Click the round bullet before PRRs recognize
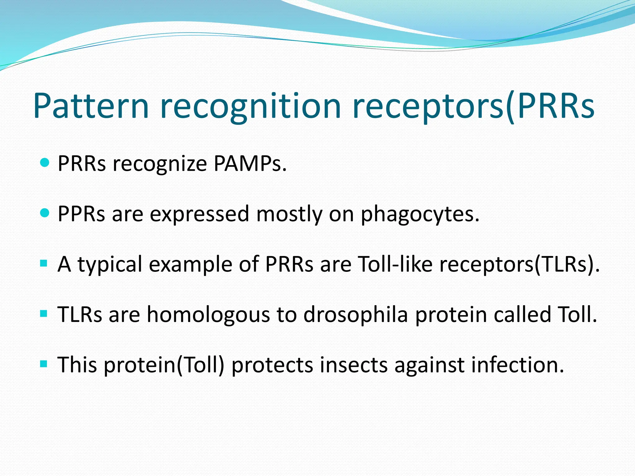tap(45, 162)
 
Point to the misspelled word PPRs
tap(81, 214)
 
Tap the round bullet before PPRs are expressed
tap(45, 213)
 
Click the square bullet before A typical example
tap(44, 264)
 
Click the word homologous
tap(208, 315)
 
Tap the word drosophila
tap(355, 315)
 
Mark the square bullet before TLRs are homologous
tap(44, 314)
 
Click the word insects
tap(353, 365)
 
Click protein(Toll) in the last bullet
tap(164, 365)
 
